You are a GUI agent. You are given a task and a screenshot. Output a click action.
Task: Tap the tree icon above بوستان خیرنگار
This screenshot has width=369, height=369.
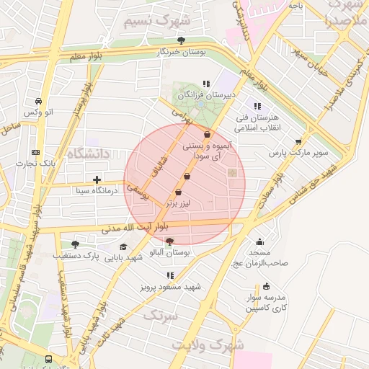point(180,41)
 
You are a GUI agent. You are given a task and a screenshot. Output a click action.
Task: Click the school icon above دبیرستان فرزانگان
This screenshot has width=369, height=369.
point(207,84)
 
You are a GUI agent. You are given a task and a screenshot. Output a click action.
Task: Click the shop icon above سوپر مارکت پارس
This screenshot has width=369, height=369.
point(298,141)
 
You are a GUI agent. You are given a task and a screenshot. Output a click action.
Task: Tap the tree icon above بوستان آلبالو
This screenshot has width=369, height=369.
point(169,242)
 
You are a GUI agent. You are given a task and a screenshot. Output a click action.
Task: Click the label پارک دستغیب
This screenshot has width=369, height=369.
point(76,256)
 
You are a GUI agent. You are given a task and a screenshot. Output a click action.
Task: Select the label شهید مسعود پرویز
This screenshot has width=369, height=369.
point(170,287)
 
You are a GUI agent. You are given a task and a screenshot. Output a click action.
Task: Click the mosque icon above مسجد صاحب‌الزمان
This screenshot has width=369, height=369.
point(259,242)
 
